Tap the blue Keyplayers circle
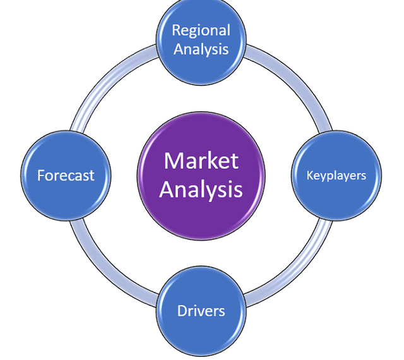pos(336,175)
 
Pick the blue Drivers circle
pos(201,311)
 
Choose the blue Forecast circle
pos(65,175)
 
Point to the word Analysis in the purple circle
pos(201,189)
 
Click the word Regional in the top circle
pos(201,30)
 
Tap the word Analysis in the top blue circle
pos(201,49)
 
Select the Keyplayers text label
pos(336,175)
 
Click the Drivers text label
pos(201,311)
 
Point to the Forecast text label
pos(65,175)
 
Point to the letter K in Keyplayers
pos(310,175)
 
